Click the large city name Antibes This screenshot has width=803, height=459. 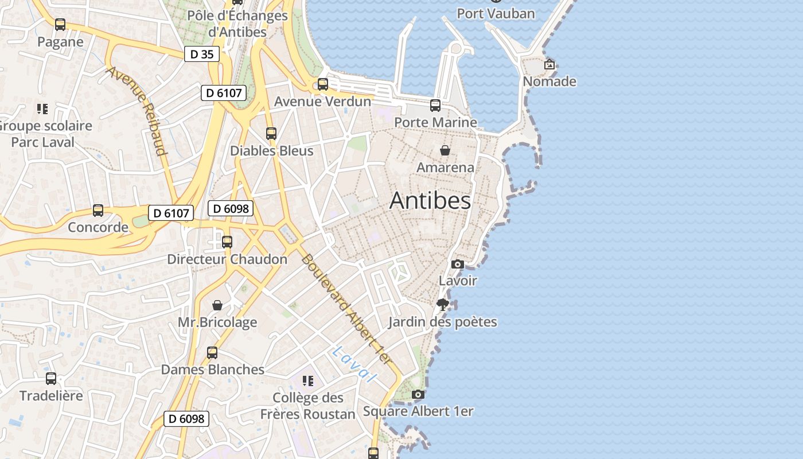[x=430, y=201]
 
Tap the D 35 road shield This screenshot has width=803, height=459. [x=202, y=55]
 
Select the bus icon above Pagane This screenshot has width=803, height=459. [x=60, y=25]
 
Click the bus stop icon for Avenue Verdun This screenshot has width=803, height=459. [x=323, y=84]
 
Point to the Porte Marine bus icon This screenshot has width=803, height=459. [x=435, y=106]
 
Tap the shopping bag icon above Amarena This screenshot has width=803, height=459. [x=445, y=150]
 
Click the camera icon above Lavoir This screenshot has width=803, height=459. [x=458, y=264]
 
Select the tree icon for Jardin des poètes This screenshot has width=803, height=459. [x=442, y=304]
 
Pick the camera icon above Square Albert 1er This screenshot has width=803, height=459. [x=418, y=394]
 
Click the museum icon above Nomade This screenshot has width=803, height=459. [x=549, y=64]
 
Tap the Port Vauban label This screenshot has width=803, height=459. [x=496, y=13]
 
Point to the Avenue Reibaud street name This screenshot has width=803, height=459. [x=137, y=111]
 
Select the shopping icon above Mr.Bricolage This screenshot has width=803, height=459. [x=217, y=305]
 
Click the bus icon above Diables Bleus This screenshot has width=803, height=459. [x=271, y=134]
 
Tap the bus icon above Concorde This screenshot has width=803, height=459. [x=98, y=211]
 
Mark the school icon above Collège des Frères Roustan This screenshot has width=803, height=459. [x=308, y=380]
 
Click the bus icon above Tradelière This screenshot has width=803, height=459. [x=51, y=379]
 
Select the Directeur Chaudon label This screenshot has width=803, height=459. [x=227, y=259]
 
